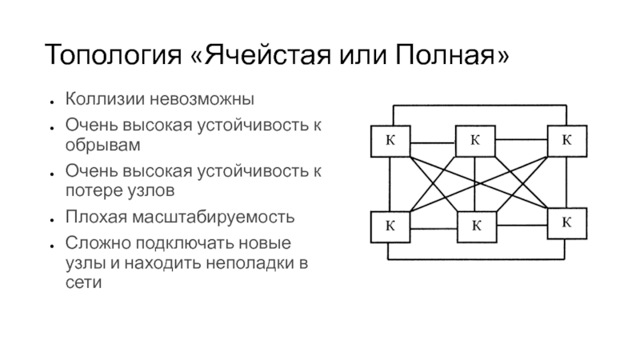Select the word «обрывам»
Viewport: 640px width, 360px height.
[102, 146]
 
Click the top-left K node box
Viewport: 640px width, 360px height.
[390, 142]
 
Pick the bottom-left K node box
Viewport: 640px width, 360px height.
[390, 226]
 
